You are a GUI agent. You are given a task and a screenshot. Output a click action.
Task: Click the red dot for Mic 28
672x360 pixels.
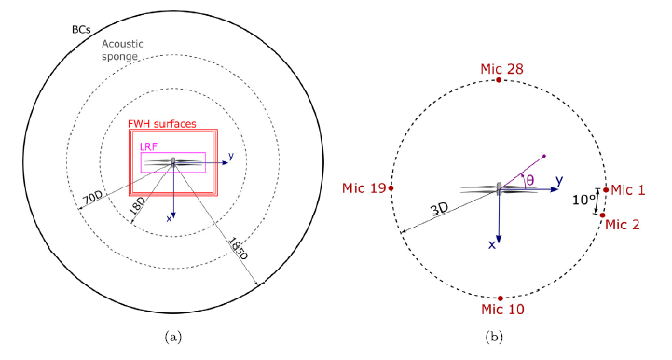499,80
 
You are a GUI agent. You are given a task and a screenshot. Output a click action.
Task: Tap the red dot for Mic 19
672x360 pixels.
391,188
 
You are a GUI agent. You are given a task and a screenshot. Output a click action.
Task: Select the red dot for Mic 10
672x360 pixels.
501,298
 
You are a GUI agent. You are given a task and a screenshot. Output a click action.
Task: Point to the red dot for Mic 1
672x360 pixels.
606,189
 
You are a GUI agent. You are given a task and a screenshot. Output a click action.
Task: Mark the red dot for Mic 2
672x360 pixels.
603,215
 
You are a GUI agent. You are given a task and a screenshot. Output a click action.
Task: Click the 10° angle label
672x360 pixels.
583,200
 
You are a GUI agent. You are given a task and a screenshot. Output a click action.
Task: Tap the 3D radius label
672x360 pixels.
439,210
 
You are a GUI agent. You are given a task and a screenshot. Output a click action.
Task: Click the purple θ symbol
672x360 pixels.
530,180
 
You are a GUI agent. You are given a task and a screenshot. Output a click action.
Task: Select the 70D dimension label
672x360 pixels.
92,199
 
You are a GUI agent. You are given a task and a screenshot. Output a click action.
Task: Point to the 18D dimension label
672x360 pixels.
137,208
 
